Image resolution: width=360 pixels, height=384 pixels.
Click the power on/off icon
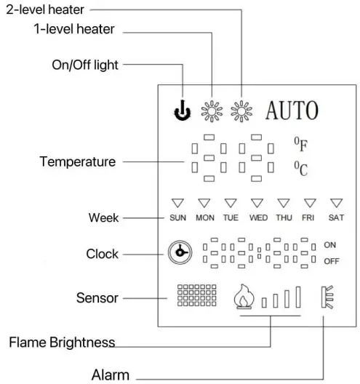click(x=180, y=112)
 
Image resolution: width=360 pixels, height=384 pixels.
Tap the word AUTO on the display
click(x=292, y=111)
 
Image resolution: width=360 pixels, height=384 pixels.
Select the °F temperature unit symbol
click(x=300, y=143)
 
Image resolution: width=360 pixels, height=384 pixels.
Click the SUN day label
click(x=177, y=217)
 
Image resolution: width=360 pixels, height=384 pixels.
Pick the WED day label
click(x=257, y=217)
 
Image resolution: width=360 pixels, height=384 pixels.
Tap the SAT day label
click(x=336, y=217)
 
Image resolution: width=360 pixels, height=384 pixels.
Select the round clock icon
click(x=179, y=253)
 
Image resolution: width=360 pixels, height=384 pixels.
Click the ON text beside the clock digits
click(x=330, y=246)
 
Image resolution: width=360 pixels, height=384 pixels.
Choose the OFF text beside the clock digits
click(x=331, y=261)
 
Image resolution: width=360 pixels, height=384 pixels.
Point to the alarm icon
click(x=327, y=298)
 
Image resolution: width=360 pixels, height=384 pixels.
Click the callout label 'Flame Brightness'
click(x=62, y=341)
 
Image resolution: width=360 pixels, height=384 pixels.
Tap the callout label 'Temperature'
click(x=77, y=161)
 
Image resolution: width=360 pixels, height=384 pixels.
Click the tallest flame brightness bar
click(x=297, y=298)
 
